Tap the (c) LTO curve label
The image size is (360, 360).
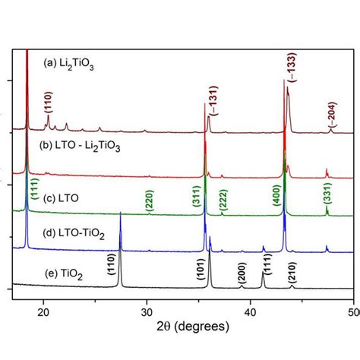click(x=58, y=199)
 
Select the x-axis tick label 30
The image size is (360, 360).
click(x=147, y=311)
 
